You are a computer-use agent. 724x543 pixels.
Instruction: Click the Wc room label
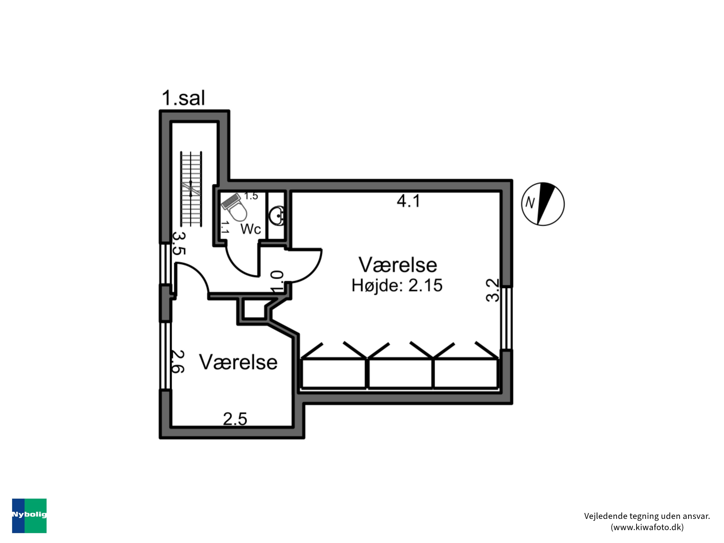coord(251,229)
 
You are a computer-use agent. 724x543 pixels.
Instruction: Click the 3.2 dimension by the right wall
coord(493,290)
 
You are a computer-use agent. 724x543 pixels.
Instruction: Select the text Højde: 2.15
coord(397,285)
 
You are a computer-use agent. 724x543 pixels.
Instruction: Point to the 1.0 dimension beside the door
coord(277,281)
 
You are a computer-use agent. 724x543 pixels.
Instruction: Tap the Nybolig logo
coord(29,515)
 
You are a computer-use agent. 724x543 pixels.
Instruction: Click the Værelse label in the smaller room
coord(238,362)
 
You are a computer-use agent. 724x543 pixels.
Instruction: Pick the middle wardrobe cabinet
coord(400,373)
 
